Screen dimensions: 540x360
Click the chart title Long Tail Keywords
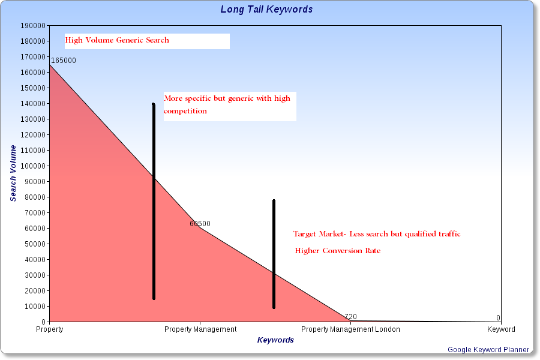[266, 10]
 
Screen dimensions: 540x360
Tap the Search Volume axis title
[13, 173]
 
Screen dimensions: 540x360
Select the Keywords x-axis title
[275, 340]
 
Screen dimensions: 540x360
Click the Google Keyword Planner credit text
[488, 350]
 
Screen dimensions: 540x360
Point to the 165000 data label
[64, 60]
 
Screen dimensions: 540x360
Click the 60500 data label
[200, 224]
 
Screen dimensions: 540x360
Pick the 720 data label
[350, 316]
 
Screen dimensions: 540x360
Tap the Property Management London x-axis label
[350, 329]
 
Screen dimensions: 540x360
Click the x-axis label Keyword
[501, 329]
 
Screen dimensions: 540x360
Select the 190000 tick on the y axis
[33, 25]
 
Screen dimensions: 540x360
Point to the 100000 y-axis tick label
[33, 166]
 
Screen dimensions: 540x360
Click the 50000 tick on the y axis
[35, 244]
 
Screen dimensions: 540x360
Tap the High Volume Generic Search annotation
[117, 40]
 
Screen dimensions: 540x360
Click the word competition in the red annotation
[185, 111]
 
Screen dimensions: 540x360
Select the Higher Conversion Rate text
[337, 251]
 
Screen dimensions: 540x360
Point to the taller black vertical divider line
[154, 201]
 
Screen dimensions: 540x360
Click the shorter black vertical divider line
[274, 254]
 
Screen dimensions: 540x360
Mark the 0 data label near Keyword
[499, 317]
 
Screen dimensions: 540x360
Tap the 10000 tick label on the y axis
[35, 306]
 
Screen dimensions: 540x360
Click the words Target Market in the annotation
[319, 234]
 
